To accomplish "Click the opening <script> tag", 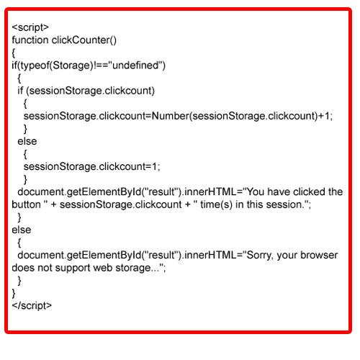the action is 30,27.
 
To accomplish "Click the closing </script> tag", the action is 32,305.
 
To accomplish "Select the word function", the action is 30,40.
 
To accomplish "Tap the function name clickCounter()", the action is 84,40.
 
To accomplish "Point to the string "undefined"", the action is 135,65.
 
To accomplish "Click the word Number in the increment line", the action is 171,116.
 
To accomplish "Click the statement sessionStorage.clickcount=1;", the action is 91,166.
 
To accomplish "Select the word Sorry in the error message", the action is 260,255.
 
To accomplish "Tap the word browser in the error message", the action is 319,255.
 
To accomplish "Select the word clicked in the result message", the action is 310,192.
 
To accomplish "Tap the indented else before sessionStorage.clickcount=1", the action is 27,141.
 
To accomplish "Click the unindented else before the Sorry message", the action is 22,230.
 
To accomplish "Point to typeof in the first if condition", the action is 35,66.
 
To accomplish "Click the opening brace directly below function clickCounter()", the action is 14,53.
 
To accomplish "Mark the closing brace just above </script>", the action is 14,293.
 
